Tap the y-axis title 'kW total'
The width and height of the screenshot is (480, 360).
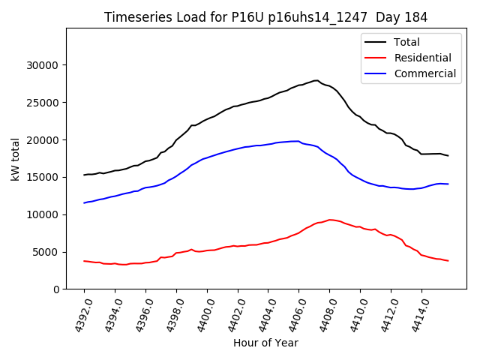(x=16, y=158)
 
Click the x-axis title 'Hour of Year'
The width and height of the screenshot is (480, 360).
(x=265, y=343)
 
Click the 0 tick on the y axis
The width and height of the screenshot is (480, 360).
(x=57, y=289)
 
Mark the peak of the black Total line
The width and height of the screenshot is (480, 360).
(x=316, y=80)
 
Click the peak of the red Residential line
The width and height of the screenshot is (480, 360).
(x=330, y=220)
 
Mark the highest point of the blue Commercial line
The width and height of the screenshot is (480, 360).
(x=298, y=141)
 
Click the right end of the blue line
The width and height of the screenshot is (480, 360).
(x=448, y=184)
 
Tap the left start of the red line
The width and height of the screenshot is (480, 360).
(x=84, y=261)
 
